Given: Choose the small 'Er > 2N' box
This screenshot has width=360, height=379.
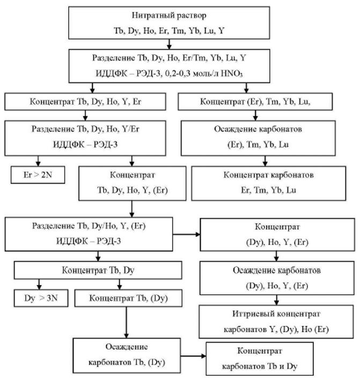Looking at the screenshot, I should click(38, 174).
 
